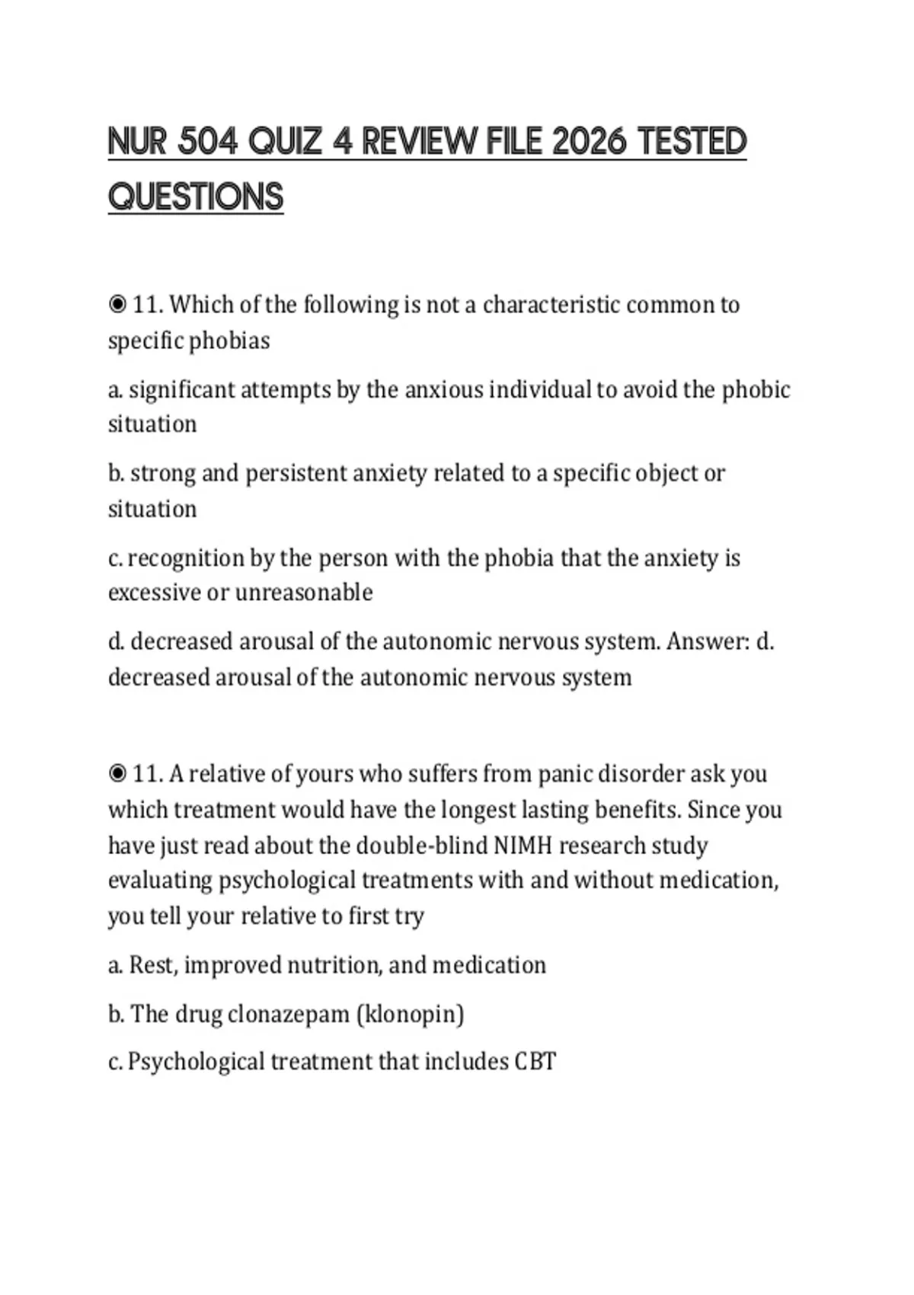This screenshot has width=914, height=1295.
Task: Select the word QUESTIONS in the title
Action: click(196, 197)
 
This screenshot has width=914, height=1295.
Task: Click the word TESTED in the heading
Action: click(692, 142)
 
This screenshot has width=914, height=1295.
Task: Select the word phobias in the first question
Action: click(229, 341)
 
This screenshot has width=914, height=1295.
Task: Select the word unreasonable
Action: click(304, 593)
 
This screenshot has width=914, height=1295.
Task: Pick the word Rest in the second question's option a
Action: click(153, 965)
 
